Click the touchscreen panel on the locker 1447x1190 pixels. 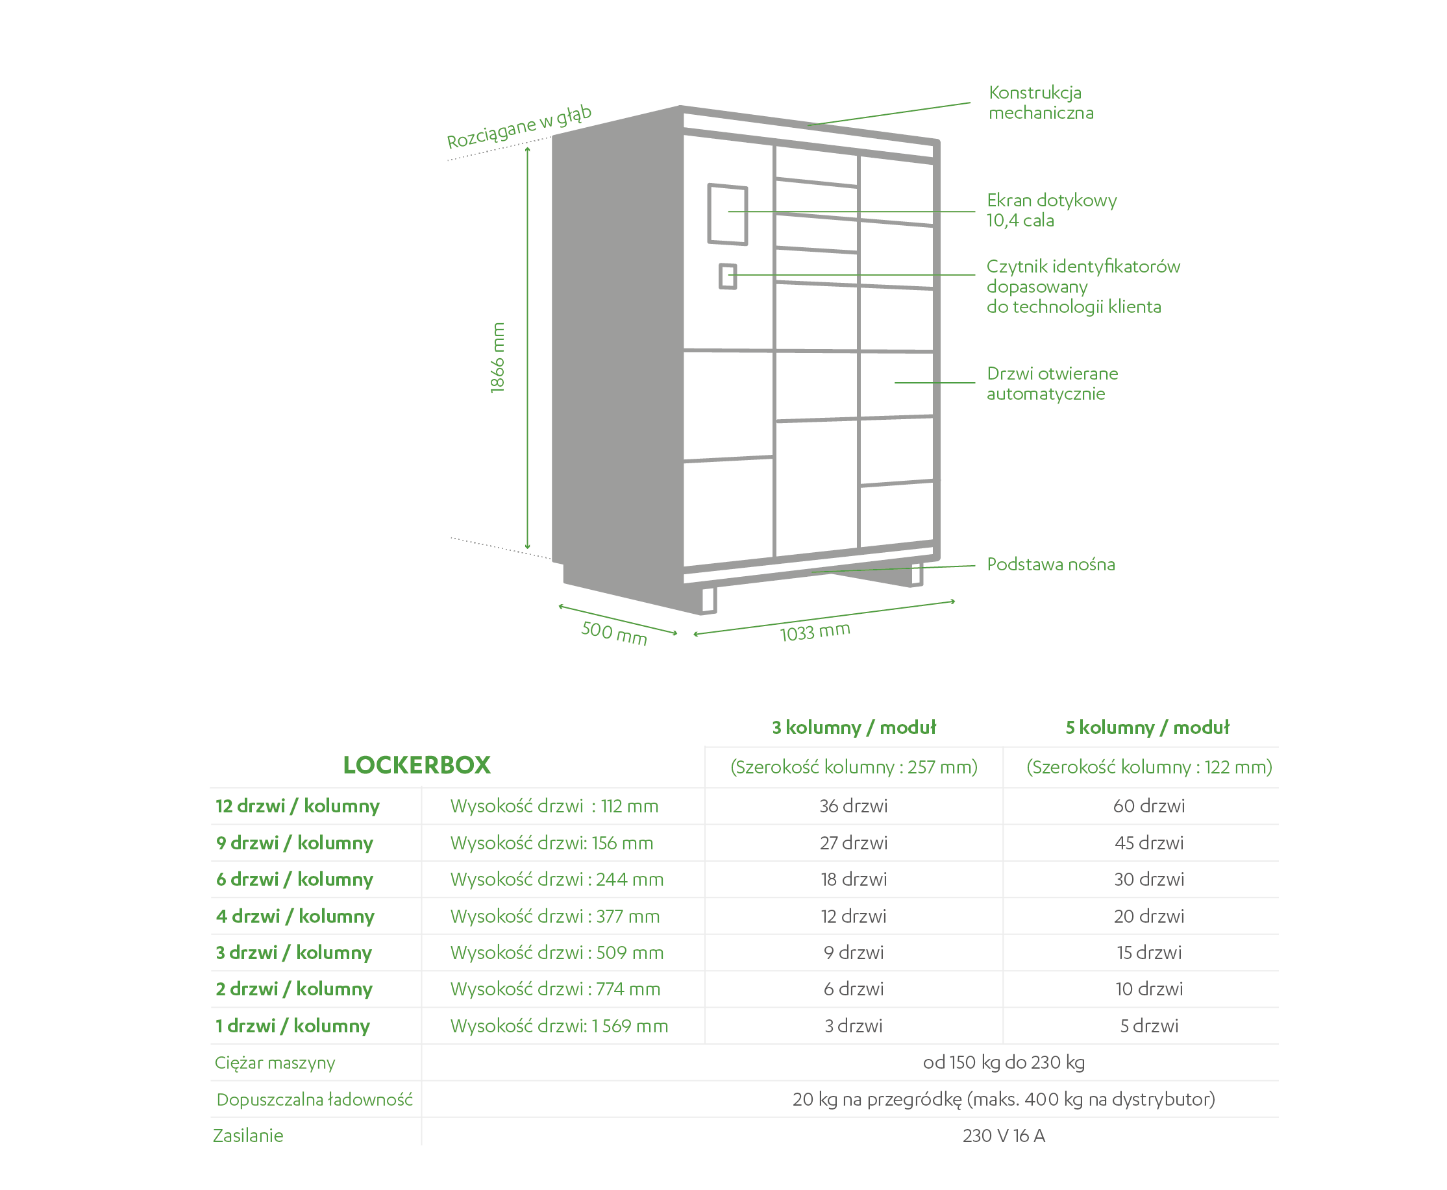pyautogui.click(x=727, y=214)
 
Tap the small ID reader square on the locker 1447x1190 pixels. pyautogui.click(x=728, y=276)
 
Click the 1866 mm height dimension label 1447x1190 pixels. pyautogui.click(x=497, y=357)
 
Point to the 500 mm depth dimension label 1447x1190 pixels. pyautogui.click(x=613, y=633)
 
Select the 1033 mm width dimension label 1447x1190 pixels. pyautogui.click(x=815, y=631)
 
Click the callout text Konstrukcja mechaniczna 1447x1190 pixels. pyautogui.click(x=1041, y=103)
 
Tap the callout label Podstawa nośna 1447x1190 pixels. pyautogui.click(x=1050, y=564)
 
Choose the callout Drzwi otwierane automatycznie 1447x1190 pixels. pyautogui.click(x=1052, y=383)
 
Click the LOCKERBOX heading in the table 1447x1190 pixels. pyautogui.click(x=417, y=765)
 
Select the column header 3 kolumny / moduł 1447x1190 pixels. pyautogui.click(x=854, y=727)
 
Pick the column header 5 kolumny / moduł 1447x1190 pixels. pyautogui.click(x=1147, y=727)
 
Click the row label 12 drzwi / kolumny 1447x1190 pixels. pyautogui.click(x=297, y=806)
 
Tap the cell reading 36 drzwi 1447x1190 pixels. pyautogui.click(x=854, y=806)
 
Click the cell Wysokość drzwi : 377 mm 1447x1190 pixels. pyautogui.click(x=555, y=916)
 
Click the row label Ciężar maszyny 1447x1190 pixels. pyautogui.click(x=275, y=1063)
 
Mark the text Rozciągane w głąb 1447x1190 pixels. pyautogui.click(x=519, y=126)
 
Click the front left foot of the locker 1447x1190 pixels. pyautogui.click(x=708, y=600)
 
